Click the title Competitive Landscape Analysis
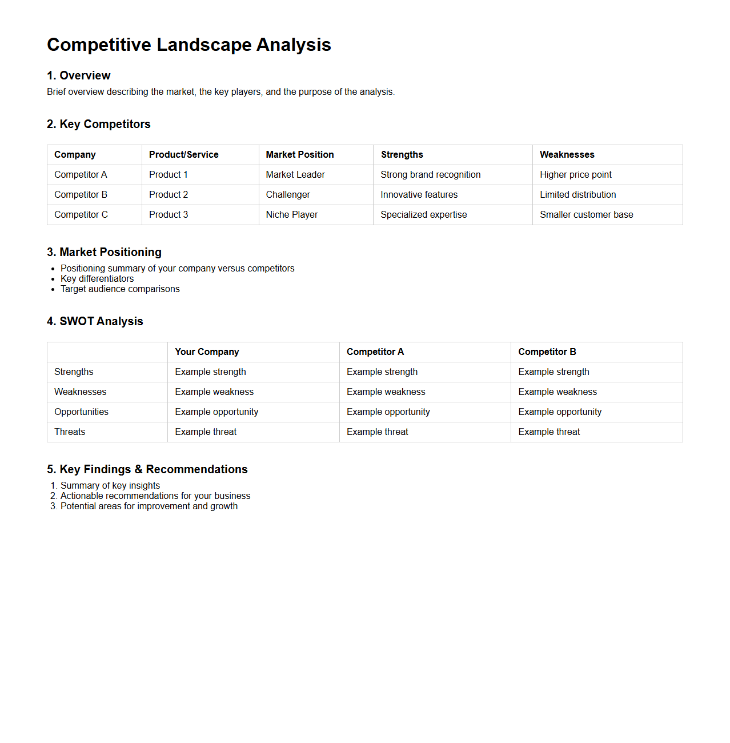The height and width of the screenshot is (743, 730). [188, 45]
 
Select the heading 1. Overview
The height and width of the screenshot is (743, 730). [78, 75]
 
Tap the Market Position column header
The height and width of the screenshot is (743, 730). [299, 154]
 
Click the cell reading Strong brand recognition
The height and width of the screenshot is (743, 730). [430, 174]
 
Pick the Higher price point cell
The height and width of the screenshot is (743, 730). [575, 174]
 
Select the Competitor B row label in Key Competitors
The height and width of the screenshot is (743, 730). [81, 194]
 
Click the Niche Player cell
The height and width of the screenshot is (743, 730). [291, 214]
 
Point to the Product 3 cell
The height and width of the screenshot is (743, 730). [168, 214]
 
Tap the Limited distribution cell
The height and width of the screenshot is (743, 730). [577, 194]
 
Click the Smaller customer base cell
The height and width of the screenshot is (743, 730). [586, 214]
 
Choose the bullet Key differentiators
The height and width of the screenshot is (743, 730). [97, 278]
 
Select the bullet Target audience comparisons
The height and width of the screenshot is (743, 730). [120, 289]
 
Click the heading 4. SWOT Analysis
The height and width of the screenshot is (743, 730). [95, 321]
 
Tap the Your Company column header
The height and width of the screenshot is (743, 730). [207, 351]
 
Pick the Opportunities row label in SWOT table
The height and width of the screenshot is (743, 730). [81, 412]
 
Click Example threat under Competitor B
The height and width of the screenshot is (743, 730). [549, 432]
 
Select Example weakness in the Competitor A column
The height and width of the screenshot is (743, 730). [386, 392]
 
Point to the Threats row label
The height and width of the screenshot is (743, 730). [70, 432]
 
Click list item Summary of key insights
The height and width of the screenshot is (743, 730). [110, 485]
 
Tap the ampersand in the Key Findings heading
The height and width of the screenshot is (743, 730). [138, 469]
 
